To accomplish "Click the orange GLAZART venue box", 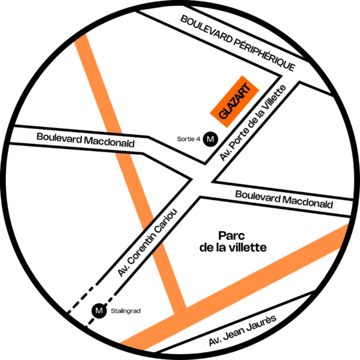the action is tap(235, 101).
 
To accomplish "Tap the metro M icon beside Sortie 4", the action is tap(210, 139).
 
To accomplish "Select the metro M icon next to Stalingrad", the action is tap(99, 311).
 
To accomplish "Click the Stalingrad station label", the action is tap(126, 311).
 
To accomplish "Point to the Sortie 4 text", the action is tap(188, 139).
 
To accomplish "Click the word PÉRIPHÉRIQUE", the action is tap(265, 54).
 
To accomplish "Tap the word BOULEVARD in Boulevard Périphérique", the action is tap(206, 30).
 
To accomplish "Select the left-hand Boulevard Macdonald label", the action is tap(85, 140).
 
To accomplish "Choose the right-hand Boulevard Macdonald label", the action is tap(284, 199).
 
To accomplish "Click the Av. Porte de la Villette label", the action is tap(254, 123).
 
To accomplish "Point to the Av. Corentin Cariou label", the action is tap(147, 243).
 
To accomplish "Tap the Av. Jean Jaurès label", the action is tap(243, 330).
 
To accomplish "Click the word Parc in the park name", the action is tap(232, 235).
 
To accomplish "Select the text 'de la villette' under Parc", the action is tap(233, 248).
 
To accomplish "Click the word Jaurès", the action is tap(261, 323).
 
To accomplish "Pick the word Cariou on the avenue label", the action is tap(166, 222).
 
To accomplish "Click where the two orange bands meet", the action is tap(181, 312).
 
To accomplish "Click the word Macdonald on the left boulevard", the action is tap(109, 142).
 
